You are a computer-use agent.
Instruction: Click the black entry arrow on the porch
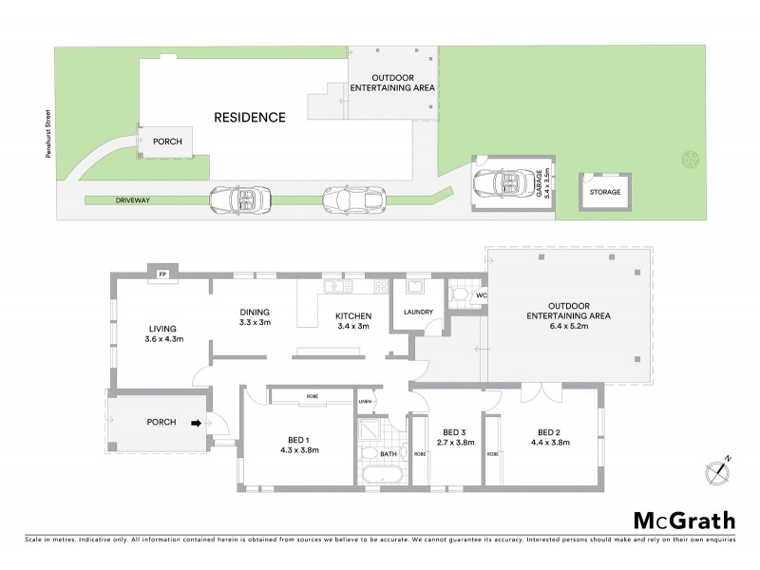[x=197, y=423]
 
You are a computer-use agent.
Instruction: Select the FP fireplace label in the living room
[x=162, y=275]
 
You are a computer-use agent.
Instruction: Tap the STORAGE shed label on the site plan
[x=604, y=192]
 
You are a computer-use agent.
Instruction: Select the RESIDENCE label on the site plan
[x=249, y=118]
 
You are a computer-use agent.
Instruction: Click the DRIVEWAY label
[x=106, y=200]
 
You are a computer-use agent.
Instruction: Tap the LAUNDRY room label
[x=418, y=312]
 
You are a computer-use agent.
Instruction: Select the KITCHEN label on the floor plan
[x=351, y=315]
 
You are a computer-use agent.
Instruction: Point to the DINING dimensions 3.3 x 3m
[x=255, y=322]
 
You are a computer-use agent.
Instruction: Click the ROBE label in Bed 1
[x=312, y=394]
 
